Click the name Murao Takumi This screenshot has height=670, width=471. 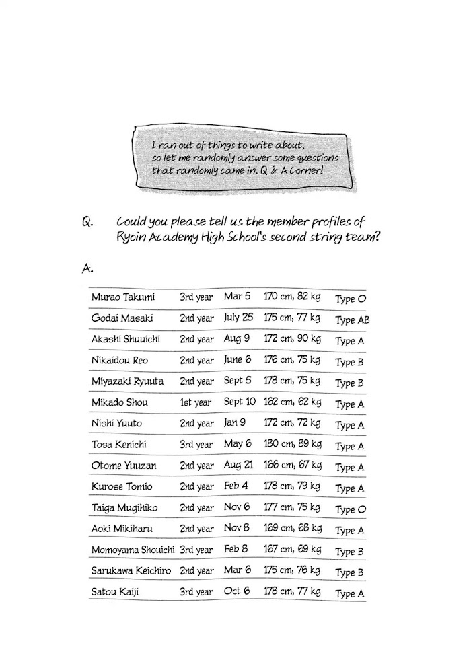click(122, 297)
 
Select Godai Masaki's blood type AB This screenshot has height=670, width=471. click(353, 320)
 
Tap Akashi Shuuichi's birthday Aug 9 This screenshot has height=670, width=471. click(237, 339)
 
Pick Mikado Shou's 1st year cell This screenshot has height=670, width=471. click(195, 402)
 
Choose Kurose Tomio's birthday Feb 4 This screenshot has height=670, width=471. click(236, 486)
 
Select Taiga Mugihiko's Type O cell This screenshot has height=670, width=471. click(351, 509)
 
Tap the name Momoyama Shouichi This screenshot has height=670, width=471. click(133, 550)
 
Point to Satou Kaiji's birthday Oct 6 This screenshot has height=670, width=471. click(238, 592)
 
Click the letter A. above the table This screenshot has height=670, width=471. click(85, 268)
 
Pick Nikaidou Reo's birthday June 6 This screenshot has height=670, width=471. click(238, 360)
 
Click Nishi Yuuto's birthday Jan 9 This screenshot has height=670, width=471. click(235, 423)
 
